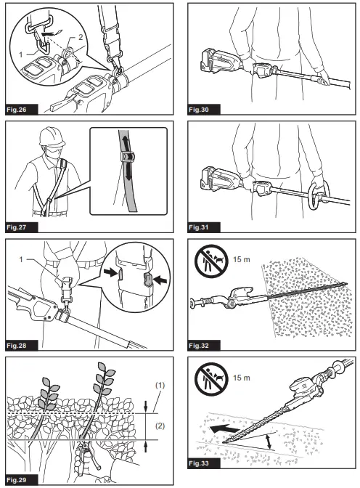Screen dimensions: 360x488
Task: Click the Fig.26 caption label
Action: point(17,110)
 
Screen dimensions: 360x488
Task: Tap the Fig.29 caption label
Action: point(17,479)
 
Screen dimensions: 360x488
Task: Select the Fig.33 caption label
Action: point(199,463)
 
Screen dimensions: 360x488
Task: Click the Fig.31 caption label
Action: point(199,227)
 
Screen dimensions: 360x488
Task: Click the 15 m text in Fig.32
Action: point(242,259)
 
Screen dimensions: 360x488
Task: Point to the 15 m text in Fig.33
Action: point(242,378)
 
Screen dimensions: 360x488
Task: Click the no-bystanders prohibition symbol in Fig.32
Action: point(211,260)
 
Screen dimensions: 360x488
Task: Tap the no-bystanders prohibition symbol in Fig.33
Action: point(211,379)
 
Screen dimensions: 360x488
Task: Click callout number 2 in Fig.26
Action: point(81,37)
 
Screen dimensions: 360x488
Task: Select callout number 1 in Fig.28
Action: point(21,259)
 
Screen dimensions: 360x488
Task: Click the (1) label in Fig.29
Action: point(160,386)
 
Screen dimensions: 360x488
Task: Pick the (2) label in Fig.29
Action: point(160,426)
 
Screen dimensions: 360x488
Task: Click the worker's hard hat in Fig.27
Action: point(52,136)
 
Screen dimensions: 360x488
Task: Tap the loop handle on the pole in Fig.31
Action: point(319,195)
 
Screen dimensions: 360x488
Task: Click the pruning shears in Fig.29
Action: point(88,457)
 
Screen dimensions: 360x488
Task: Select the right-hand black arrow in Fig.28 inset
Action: point(161,280)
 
